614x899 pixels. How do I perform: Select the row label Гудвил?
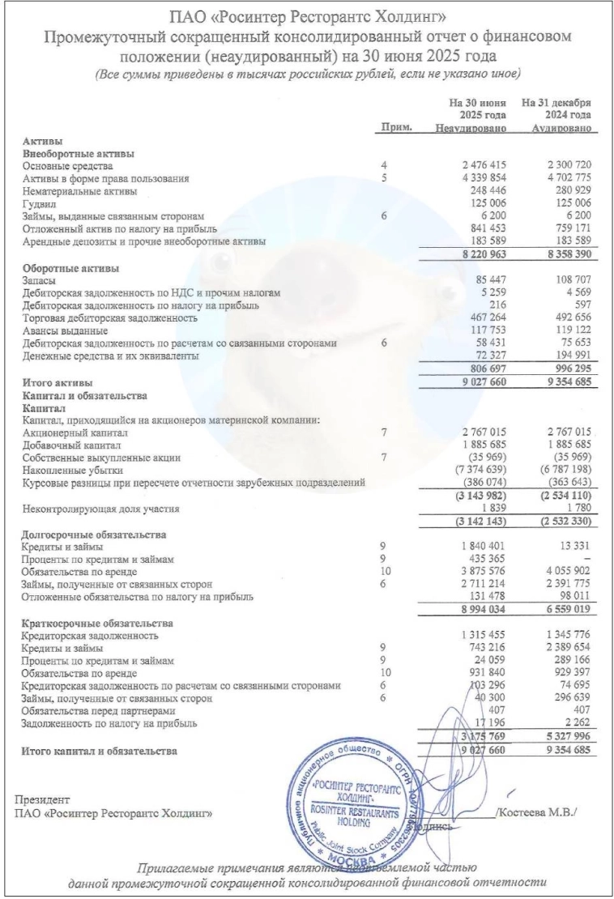pos(39,204)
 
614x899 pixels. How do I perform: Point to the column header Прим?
pos(396,128)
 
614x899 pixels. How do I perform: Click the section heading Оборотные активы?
pos(71,267)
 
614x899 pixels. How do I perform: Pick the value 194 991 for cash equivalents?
pos(566,357)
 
